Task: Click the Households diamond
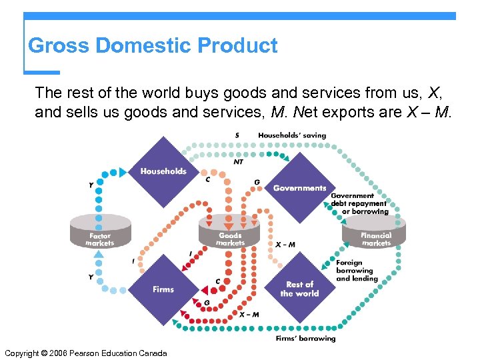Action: pyautogui.click(x=163, y=172)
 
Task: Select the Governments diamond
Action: pyautogui.click(x=299, y=187)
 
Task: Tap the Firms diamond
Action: pyautogui.click(x=163, y=289)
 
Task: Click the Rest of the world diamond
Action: pyautogui.click(x=299, y=289)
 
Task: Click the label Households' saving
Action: pyautogui.click(x=292, y=135)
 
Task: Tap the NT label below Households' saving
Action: pyautogui.click(x=238, y=161)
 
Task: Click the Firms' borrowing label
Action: pyautogui.click(x=306, y=339)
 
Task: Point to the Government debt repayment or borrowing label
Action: pyautogui.click(x=359, y=203)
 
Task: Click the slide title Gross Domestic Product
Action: pyautogui.click(x=153, y=46)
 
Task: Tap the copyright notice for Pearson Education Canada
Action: pyautogui.click(x=85, y=353)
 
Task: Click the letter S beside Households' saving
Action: pyautogui.click(x=237, y=135)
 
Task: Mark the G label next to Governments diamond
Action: pyautogui.click(x=257, y=183)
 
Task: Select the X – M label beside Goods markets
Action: pyautogui.click(x=285, y=245)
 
